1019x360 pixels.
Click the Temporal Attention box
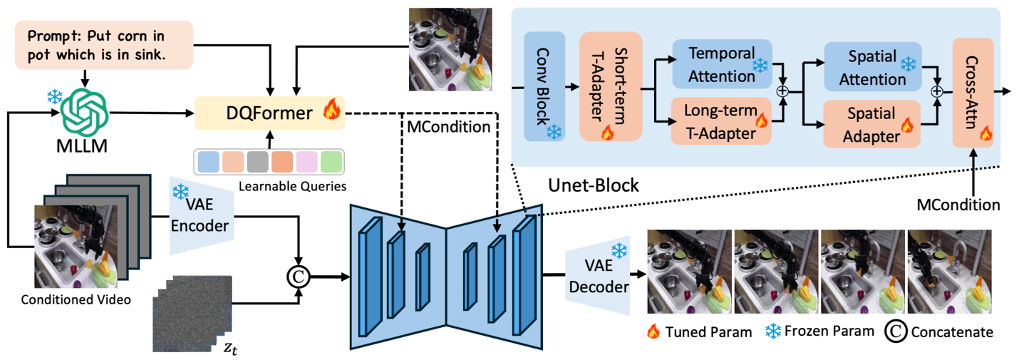click(722, 64)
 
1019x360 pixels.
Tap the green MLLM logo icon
click(83, 111)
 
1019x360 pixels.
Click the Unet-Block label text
click(593, 185)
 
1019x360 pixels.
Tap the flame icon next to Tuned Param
click(652, 331)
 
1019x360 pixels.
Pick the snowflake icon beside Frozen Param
click(772, 331)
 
